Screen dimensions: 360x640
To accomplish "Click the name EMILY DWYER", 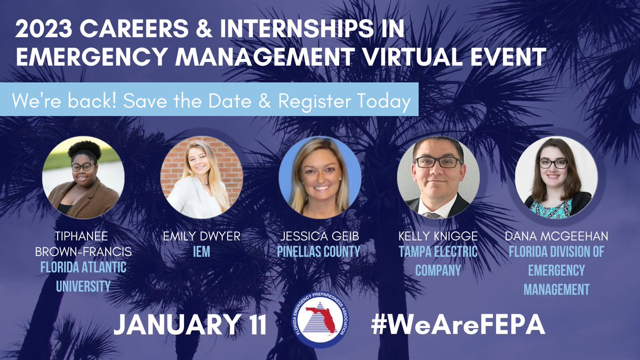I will click(x=202, y=236).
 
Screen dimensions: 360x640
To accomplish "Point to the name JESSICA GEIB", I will click(x=320, y=236).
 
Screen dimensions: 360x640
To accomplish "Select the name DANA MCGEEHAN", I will click(x=556, y=236).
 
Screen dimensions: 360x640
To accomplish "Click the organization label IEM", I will click(x=202, y=251).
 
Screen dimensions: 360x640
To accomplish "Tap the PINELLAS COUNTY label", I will click(x=320, y=251).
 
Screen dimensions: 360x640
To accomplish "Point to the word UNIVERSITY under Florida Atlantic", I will click(x=83, y=287).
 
